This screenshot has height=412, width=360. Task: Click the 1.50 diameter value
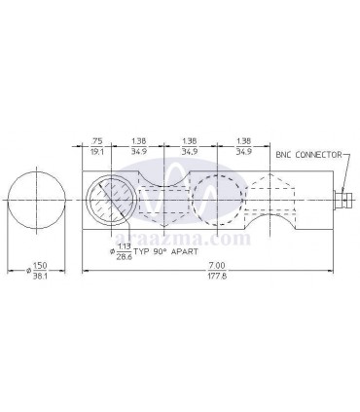[40, 266]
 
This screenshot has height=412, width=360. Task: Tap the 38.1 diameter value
[40, 277]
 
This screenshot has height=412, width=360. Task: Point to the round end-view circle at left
[36, 201]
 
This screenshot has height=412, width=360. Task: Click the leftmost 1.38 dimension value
[139, 140]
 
